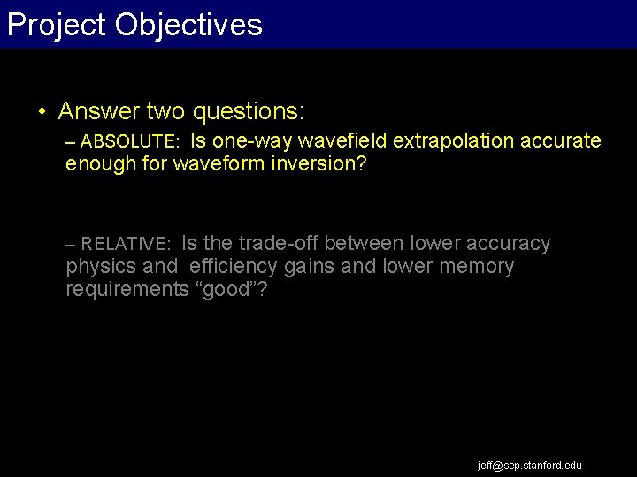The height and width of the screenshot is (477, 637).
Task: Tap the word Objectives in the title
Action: [188, 25]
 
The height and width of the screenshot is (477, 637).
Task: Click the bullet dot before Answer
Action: [42, 111]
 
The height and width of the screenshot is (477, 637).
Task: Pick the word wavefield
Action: [344, 141]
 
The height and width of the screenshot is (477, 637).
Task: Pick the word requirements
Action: [127, 290]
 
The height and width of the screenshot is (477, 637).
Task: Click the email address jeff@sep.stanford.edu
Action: [530, 465]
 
